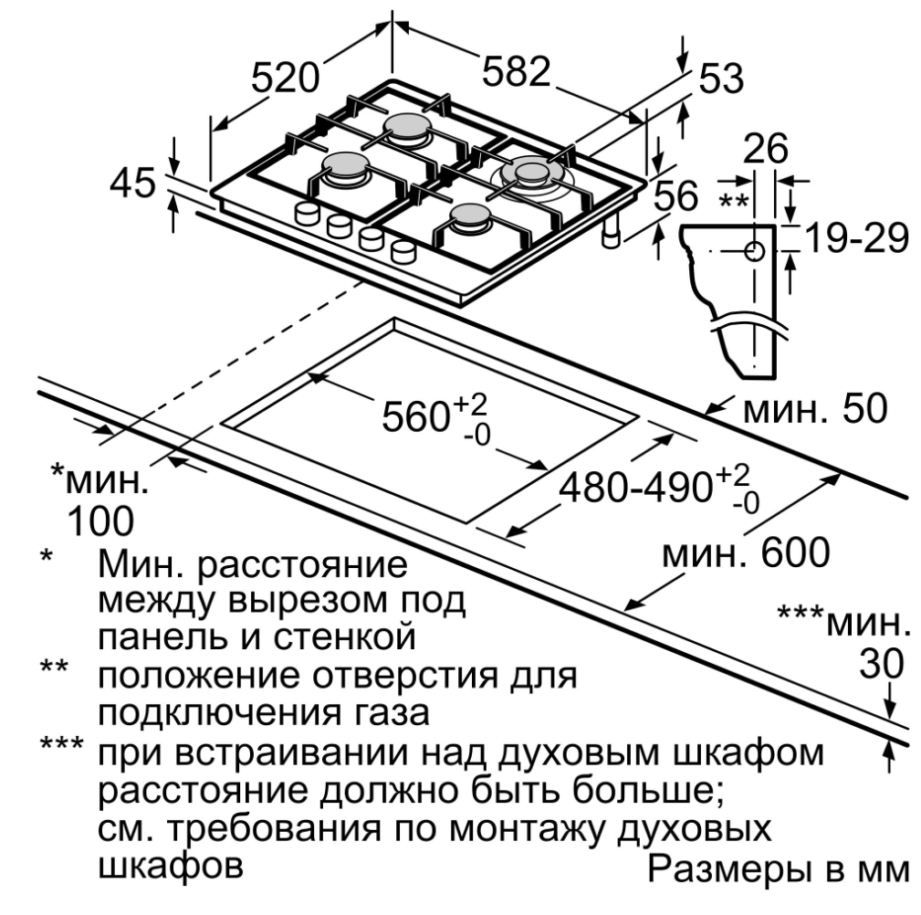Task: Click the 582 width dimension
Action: coord(517,72)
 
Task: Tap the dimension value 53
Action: coord(721,79)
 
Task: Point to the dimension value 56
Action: coord(676,196)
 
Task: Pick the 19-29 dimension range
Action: coord(855,239)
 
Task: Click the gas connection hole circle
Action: coord(756,251)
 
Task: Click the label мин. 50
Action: coord(815,411)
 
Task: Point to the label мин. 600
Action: coord(745,553)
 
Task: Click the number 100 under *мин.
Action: coord(99,521)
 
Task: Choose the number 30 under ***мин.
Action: coord(882,664)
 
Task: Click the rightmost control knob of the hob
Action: coord(403,250)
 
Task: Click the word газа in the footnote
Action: coord(382,711)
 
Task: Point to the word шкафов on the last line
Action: coord(171,865)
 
